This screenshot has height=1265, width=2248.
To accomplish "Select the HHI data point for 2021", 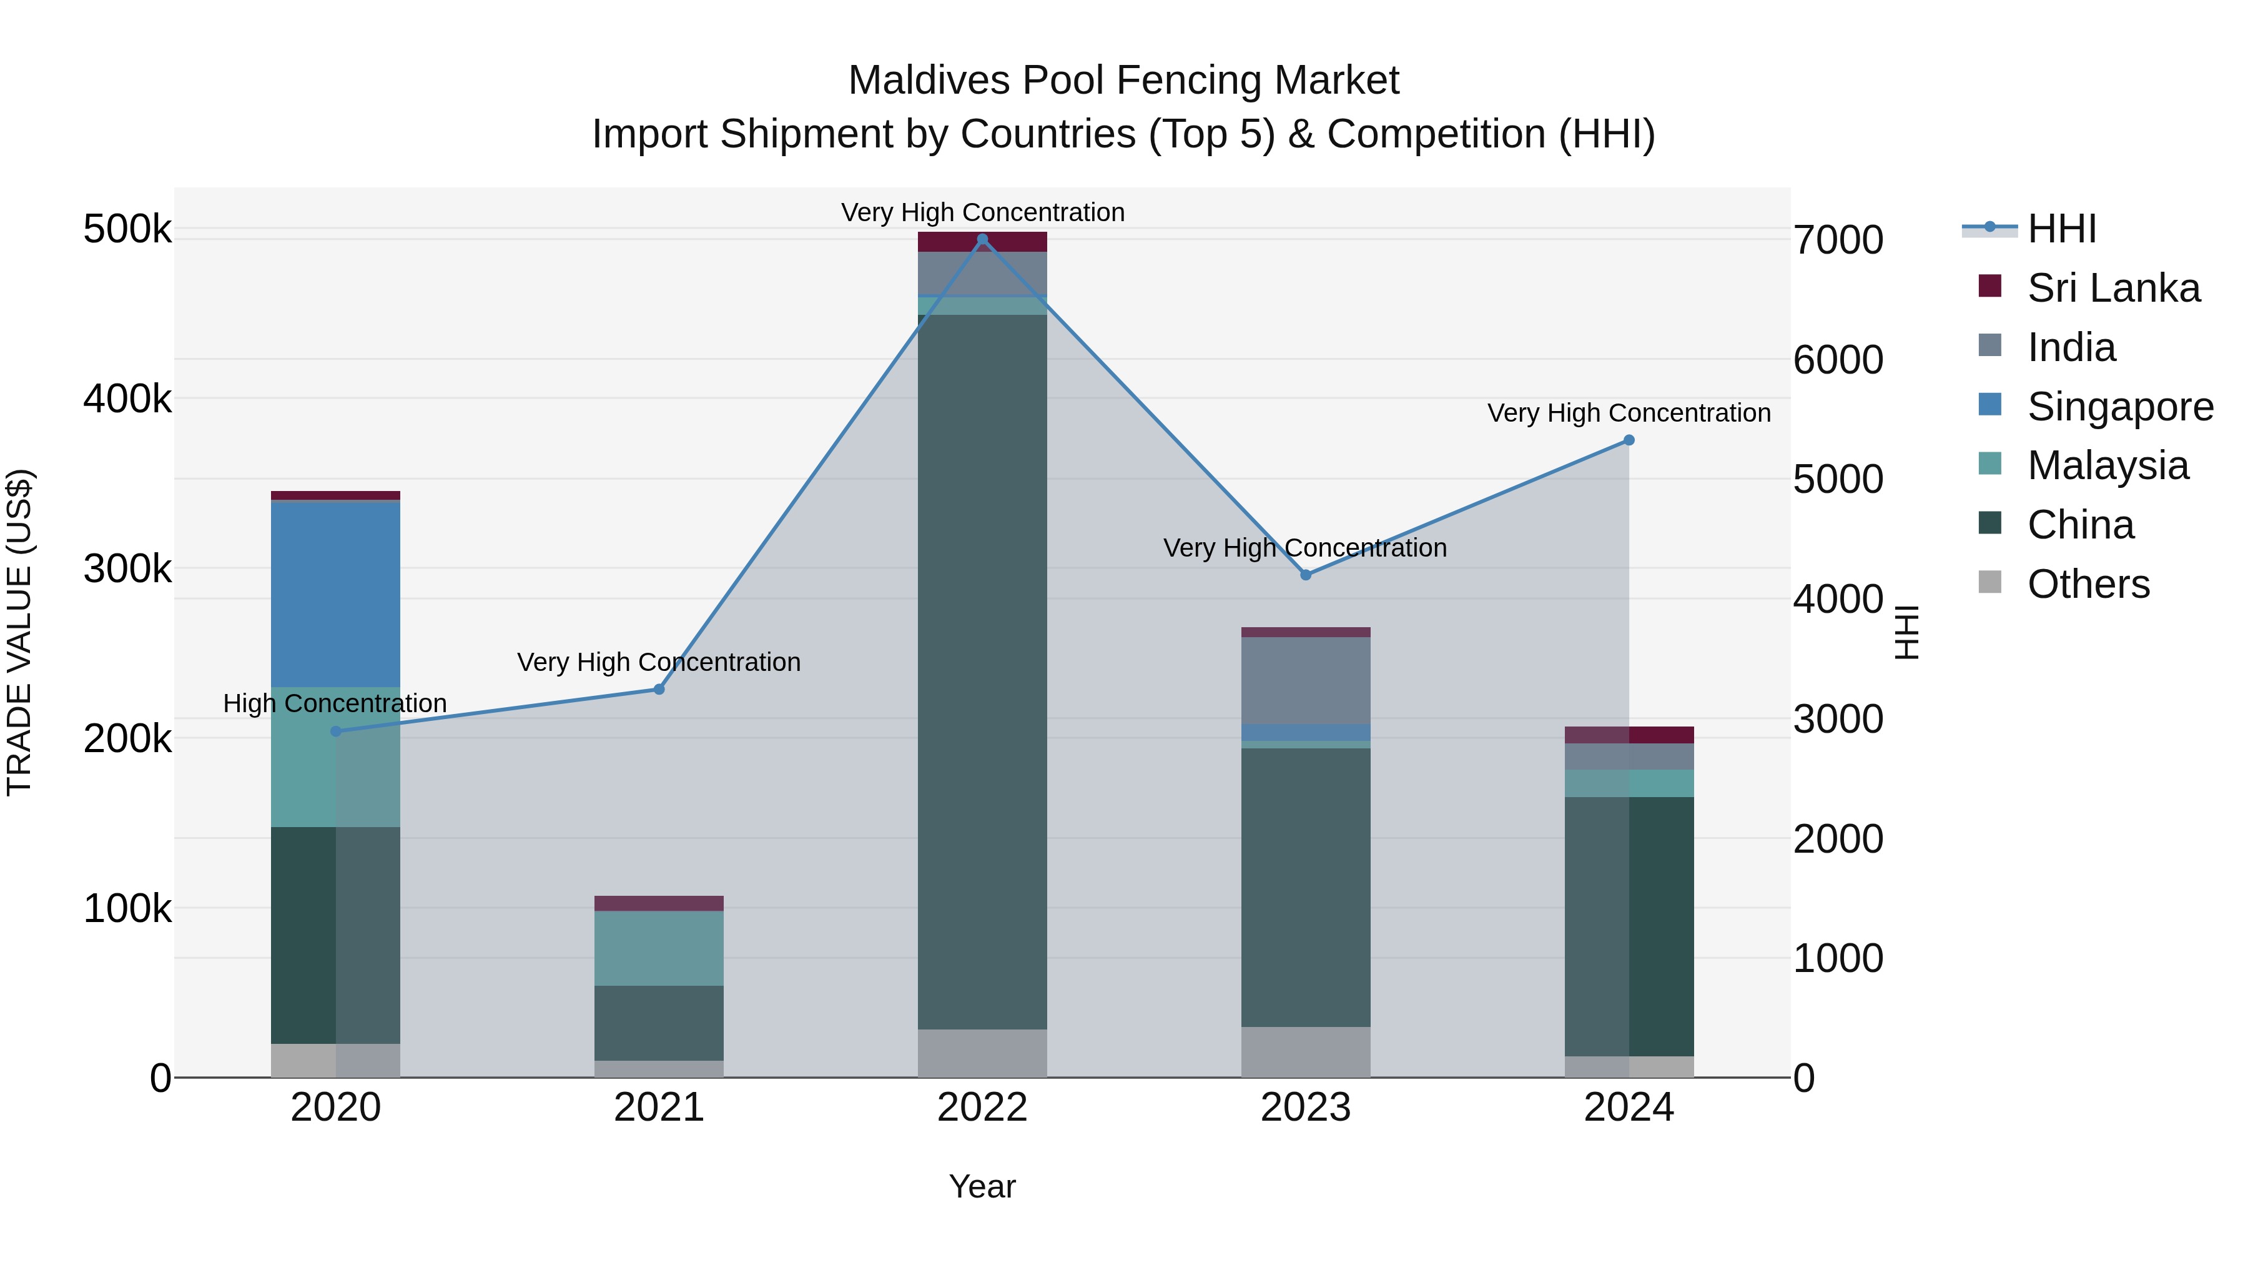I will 659,690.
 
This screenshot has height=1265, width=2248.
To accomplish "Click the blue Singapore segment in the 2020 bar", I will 335,593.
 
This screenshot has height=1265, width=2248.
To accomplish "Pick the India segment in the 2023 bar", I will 1306,680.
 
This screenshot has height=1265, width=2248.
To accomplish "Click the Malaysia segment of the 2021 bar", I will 659,948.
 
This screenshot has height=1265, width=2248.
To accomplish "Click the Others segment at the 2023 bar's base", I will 1306,1052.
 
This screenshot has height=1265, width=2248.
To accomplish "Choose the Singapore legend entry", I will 2120,407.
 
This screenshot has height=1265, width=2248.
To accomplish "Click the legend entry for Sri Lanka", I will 2112,288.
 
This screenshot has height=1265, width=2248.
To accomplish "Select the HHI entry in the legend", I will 2061,229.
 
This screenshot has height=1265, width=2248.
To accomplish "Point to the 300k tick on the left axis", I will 127,569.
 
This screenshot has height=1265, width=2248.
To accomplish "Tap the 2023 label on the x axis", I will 1306,1108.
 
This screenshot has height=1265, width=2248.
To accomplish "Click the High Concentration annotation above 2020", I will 335,703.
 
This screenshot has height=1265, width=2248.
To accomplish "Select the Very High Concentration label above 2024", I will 1629,413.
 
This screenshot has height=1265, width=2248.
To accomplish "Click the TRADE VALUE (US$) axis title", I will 19,632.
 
